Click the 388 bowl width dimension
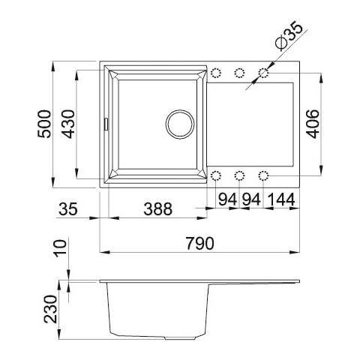tap(157, 209)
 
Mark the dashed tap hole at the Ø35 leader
tap(264, 73)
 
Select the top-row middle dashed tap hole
tap(240, 73)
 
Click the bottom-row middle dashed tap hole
tap(240, 176)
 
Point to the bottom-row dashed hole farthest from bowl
tap(264, 176)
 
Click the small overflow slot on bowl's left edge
tap(106, 121)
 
